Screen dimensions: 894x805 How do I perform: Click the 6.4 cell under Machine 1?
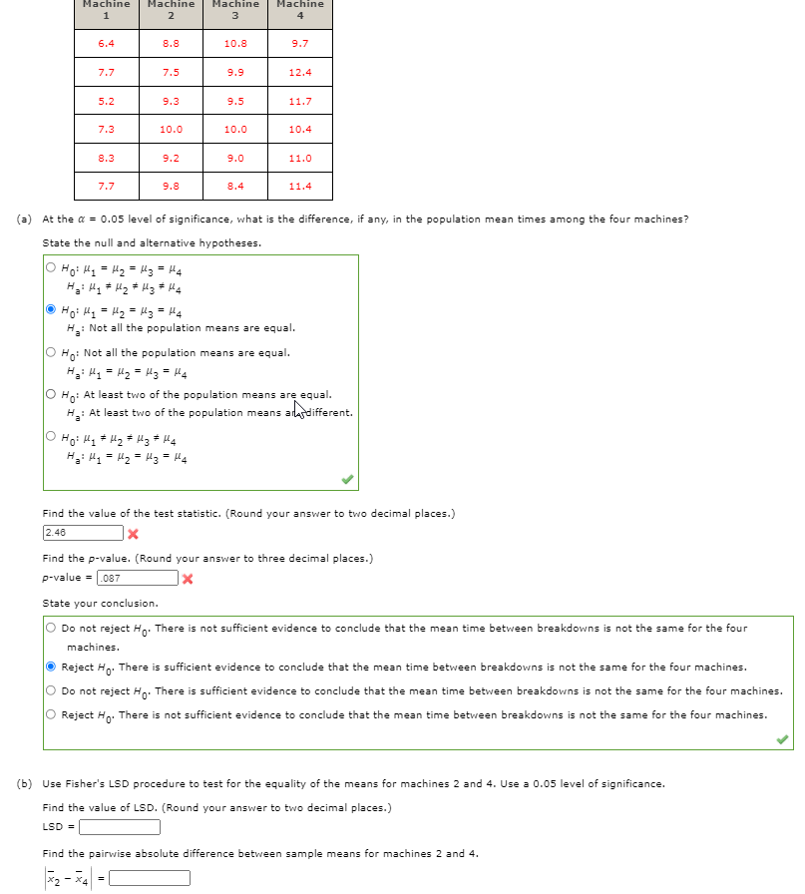click(106, 44)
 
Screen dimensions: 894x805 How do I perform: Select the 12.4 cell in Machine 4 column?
click(299, 72)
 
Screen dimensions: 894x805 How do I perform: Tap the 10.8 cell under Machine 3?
click(235, 44)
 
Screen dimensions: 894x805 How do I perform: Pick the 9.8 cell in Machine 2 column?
click(171, 187)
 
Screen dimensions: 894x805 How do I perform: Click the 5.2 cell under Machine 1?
click(106, 101)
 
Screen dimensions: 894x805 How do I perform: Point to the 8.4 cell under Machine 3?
click(235, 187)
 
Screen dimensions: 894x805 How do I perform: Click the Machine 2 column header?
click(171, 9)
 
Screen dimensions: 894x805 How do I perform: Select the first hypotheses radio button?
click(51, 267)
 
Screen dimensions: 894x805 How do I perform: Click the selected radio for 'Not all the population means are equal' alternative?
click(51, 310)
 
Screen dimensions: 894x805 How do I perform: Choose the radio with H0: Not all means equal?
click(51, 352)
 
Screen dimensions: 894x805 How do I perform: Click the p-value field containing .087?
click(138, 578)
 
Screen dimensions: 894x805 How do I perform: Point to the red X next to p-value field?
click(188, 579)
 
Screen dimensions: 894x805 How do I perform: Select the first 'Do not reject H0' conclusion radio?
click(51, 629)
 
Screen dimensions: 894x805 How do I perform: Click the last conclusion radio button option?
click(51, 714)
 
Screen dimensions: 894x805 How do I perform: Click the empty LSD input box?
click(120, 827)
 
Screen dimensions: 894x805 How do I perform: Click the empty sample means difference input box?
click(150, 878)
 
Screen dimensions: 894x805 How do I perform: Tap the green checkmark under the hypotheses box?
click(346, 480)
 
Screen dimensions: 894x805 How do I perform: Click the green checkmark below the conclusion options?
click(782, 739)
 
